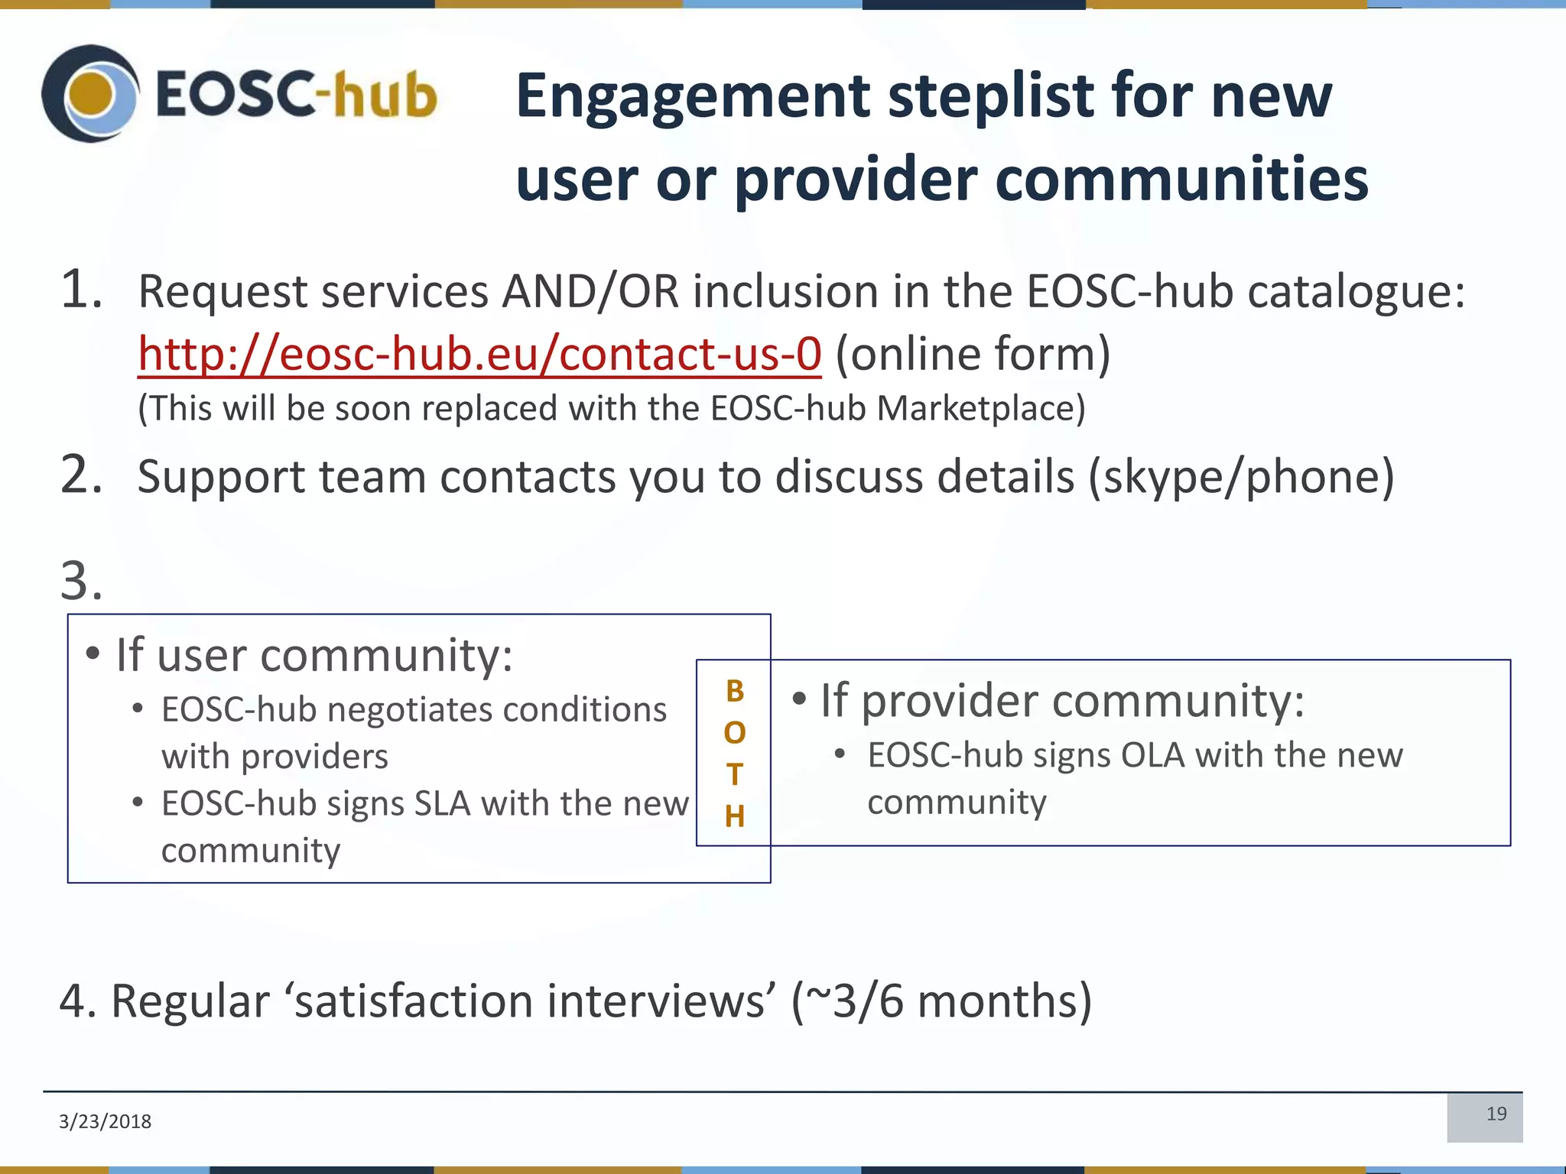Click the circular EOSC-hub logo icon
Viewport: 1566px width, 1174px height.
pos(90,93)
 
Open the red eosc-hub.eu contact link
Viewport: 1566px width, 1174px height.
pos(479,355)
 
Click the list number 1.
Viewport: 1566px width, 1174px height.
pos(80,290)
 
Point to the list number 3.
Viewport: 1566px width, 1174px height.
pos(80,581)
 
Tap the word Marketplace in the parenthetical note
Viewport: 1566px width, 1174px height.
pos(980,408)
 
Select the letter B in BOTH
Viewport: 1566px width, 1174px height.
pos(734,691)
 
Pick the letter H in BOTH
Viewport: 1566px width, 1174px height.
pos(734,817)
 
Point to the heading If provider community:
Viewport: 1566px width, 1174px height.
pos(1061,700)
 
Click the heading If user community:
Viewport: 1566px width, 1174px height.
pos(314,655)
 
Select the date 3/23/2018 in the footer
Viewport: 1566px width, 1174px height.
pos(105,1121)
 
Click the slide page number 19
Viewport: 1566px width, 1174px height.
pos(1496,1114)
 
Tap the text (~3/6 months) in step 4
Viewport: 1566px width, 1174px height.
pos(941,1001)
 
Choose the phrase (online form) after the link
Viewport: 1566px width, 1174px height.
pos(973,355)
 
